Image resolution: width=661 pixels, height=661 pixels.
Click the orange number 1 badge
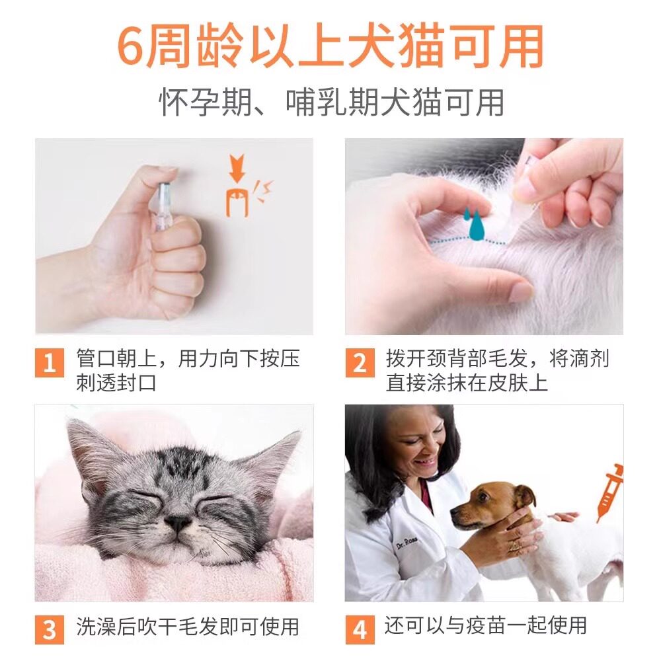50,362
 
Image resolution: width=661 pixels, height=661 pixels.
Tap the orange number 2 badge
360,362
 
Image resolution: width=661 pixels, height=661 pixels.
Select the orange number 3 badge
50,629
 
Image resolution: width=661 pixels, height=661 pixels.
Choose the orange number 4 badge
360,629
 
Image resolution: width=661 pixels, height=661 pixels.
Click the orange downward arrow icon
237,168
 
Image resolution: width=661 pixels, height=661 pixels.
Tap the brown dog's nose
455,513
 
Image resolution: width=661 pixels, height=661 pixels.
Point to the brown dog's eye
484,496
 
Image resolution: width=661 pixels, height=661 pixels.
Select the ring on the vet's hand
514,547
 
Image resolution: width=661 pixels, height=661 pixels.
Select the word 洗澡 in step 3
96,627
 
